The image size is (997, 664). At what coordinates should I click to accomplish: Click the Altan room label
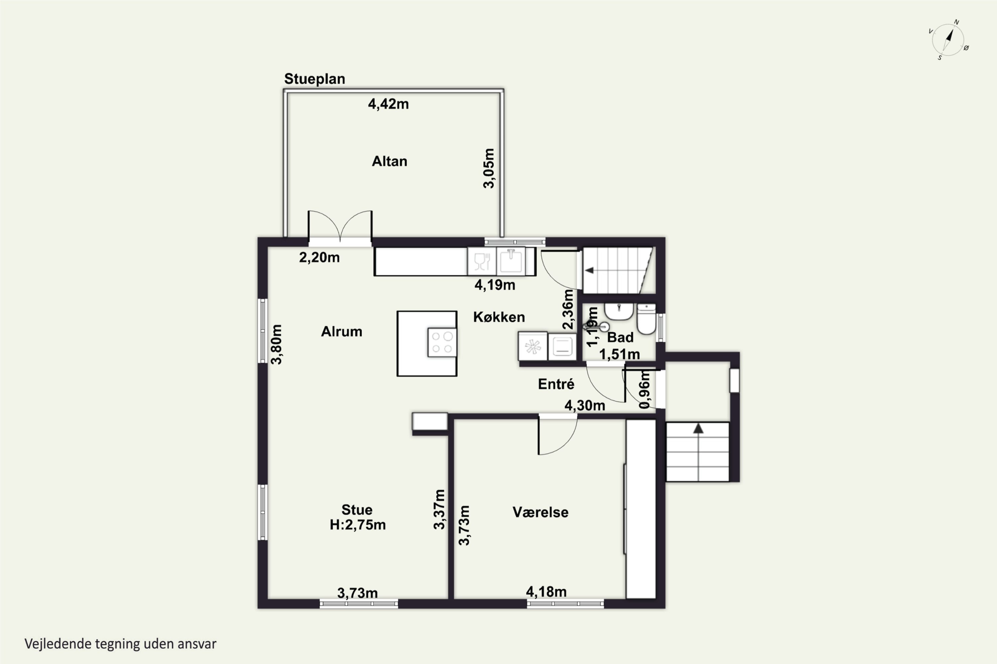(389, 161)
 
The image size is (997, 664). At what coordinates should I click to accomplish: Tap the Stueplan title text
(314, 79)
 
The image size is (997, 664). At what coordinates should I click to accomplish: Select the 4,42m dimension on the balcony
(388, 104)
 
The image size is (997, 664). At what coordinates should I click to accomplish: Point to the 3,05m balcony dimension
(489, 168)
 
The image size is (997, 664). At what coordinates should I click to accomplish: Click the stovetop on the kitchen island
(442, 343)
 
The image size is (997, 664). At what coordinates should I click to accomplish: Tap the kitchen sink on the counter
(511, 261)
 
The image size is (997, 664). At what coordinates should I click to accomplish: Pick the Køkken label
(499, 317)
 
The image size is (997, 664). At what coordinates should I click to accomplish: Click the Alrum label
(342, 332)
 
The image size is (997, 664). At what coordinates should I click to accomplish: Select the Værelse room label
(540, 512)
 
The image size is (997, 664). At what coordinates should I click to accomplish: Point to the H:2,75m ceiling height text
(358, 525)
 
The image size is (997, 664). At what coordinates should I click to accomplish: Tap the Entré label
(556, 384)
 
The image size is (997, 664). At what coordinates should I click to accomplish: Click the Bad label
(620, 338)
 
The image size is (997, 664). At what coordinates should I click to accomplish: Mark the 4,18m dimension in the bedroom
(546, 592)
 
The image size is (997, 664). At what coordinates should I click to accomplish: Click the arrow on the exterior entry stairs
(698, 428)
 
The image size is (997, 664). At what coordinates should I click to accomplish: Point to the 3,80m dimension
(277, 344)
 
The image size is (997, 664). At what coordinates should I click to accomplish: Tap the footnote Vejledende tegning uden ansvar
(120, 644)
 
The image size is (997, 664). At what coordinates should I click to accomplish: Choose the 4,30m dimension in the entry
(585, 406)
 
